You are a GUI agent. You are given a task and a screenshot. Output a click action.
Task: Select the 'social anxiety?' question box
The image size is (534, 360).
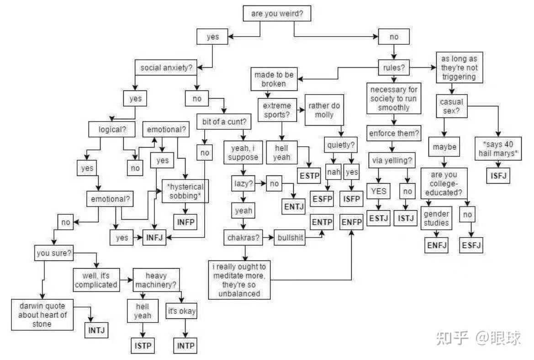165,68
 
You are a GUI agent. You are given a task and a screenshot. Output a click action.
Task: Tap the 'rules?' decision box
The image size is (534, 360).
393,68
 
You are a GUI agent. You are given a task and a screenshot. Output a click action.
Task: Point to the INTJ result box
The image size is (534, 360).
97,329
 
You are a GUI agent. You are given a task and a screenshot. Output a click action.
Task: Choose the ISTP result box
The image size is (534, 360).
142,346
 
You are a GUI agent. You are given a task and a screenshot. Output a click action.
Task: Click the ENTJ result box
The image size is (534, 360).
294,206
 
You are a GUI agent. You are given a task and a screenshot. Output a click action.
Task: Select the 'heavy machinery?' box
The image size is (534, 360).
156,280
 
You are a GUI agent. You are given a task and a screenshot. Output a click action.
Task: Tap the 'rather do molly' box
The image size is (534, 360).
324,110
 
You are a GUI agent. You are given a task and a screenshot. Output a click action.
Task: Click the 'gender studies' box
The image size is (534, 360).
436,218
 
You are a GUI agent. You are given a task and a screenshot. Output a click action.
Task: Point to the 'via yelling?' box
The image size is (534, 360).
392,160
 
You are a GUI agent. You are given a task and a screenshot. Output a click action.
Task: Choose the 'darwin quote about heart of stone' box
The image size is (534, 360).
42,314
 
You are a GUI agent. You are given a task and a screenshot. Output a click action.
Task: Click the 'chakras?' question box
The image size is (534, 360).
243,238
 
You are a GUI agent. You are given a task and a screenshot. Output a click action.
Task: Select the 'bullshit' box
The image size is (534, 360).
290,238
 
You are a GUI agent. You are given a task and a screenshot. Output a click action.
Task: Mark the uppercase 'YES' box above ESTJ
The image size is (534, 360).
378,191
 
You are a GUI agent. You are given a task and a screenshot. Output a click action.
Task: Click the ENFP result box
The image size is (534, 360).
351,222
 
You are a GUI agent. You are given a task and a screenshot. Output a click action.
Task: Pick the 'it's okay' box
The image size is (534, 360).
181,312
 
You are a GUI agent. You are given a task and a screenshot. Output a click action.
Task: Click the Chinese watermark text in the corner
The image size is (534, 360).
478,339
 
